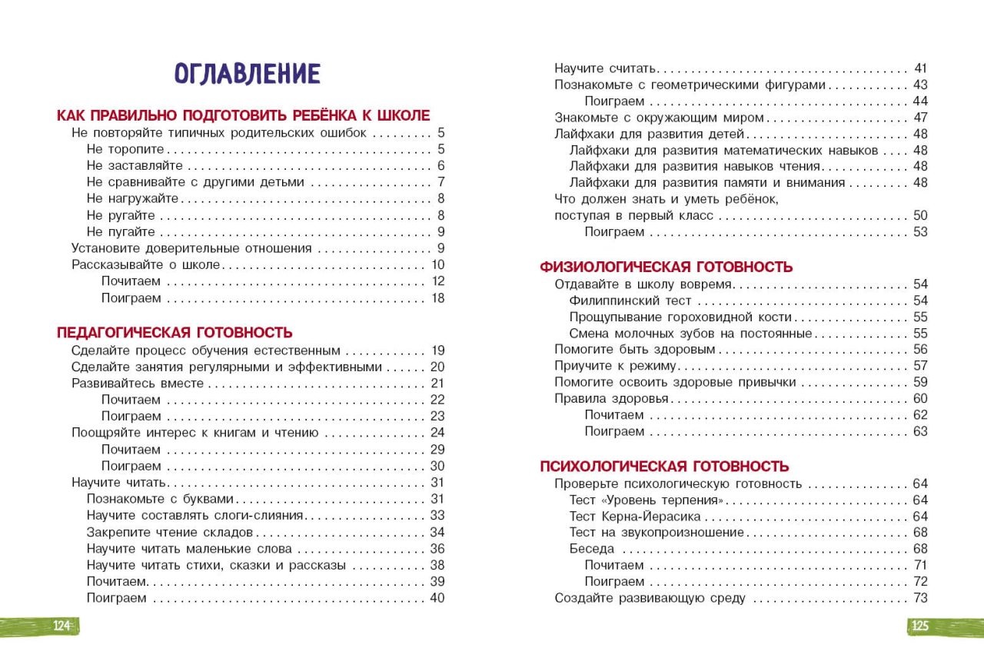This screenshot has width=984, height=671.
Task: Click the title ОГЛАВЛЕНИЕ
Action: pyautogui.click(x=247, y=74)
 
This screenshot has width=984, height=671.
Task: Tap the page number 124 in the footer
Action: pyautogui.click(x=62, y=626)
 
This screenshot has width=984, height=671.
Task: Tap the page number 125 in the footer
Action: pyautogui.click(x=920, y=626)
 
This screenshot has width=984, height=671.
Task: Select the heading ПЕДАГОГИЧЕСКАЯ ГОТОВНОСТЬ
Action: pyautogui.click(x=175, y=333)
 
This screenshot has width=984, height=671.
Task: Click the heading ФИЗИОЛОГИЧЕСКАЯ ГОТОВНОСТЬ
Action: pyautogui.click(x=666, y=267)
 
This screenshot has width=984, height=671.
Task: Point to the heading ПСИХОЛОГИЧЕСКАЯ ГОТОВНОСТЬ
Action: pyautogui.click(x=664, y=467)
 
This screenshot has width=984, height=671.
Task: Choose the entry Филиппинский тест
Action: pyautogui.click(x=630, y=301)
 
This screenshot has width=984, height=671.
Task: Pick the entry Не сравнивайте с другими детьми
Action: pyautogui.click(x=195, y=182)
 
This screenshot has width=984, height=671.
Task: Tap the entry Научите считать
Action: pyautogui.click(x=604, y=68)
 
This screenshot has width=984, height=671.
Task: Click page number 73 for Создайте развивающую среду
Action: pyautogui.click(x=920, y=598)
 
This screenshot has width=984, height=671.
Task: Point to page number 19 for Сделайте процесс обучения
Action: pyautogui.click(x=438, y=350)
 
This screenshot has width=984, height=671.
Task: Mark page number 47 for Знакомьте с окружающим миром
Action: pyautogui.click(x=920, y=118)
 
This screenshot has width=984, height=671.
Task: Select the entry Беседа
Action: pyautogui.click(x=592, y=549)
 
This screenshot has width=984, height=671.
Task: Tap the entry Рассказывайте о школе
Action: pyautogui.click(x=146, y=265)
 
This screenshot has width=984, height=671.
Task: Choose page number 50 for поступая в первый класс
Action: pyautogui.click(x=920, y=215)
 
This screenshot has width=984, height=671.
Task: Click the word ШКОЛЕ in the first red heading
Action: pyautogui.click(x=402, y=115)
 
